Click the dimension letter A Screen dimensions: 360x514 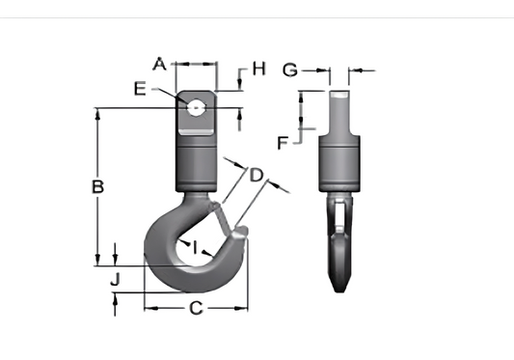pos(161,64)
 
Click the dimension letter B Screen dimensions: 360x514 pos(96,186)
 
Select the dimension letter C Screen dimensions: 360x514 pos(195,309)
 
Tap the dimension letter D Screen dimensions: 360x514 pos(256,175)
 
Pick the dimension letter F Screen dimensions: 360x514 pos(283,143)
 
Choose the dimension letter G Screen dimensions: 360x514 pos(289,69)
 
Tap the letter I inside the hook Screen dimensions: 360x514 pos(195,248)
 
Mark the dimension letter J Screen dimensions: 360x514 pos(115,280)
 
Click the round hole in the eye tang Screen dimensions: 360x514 pos(197,106)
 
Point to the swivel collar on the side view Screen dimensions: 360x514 pos(339,164)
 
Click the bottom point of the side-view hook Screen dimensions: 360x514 pos(338,290)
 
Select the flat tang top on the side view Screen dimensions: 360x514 pos(338,94)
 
